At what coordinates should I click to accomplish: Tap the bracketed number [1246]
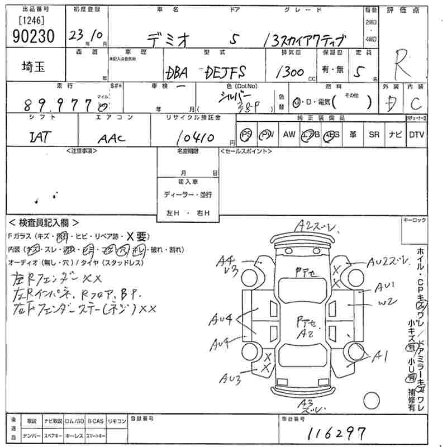click(x=31, y=21)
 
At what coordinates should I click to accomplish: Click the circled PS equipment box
click(x=246, y=135)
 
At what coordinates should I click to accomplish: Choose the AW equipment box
click(x=288, y=135)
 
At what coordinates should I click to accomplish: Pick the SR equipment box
click(x=374, y=135)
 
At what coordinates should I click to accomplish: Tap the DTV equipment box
click(x=416, y=135)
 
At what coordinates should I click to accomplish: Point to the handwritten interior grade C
click(x=416, y=103)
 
